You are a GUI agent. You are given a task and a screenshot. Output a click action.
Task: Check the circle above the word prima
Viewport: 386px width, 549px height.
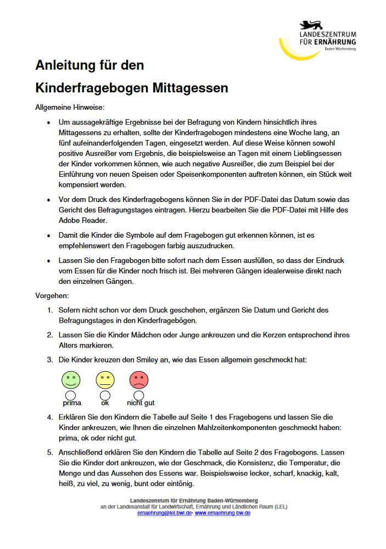pos(70,395)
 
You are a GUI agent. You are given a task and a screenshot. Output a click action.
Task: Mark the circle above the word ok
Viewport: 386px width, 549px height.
pos(105,395)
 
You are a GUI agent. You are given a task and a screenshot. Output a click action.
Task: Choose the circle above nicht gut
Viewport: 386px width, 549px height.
pos(139,395)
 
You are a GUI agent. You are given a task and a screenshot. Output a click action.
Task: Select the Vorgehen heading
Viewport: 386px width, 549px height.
pos(52,296)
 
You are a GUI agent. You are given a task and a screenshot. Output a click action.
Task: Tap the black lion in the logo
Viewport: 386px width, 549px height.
pos(311,25)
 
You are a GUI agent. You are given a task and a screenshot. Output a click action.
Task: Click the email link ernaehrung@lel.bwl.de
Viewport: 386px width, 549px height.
pos(164,513)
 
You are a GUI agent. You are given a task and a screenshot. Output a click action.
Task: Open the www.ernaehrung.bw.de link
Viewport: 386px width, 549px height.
pos(222,513)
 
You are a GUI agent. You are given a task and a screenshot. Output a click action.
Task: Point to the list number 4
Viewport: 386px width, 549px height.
pos(49,417)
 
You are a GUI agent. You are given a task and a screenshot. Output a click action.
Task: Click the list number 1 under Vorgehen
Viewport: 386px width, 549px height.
pos(49,310)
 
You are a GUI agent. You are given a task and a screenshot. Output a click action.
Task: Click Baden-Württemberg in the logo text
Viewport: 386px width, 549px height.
pos(340,49)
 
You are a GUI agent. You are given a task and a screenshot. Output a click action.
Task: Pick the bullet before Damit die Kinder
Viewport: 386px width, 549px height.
pos(49,235)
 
